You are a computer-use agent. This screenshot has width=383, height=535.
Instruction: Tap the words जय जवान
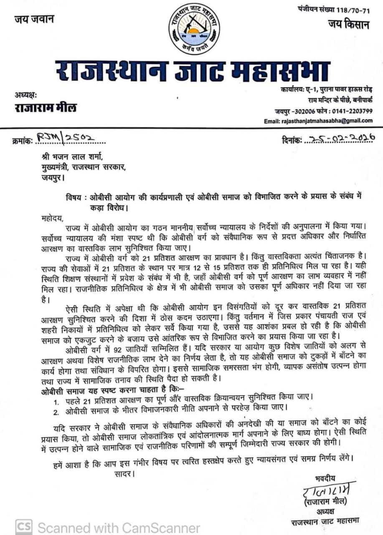click(35, 19)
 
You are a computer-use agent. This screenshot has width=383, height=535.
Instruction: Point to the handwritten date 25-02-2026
click(339, 138)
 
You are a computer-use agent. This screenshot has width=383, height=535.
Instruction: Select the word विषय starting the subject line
click(74, 198)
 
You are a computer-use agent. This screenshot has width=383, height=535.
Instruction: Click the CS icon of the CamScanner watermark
click(23, 527)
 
